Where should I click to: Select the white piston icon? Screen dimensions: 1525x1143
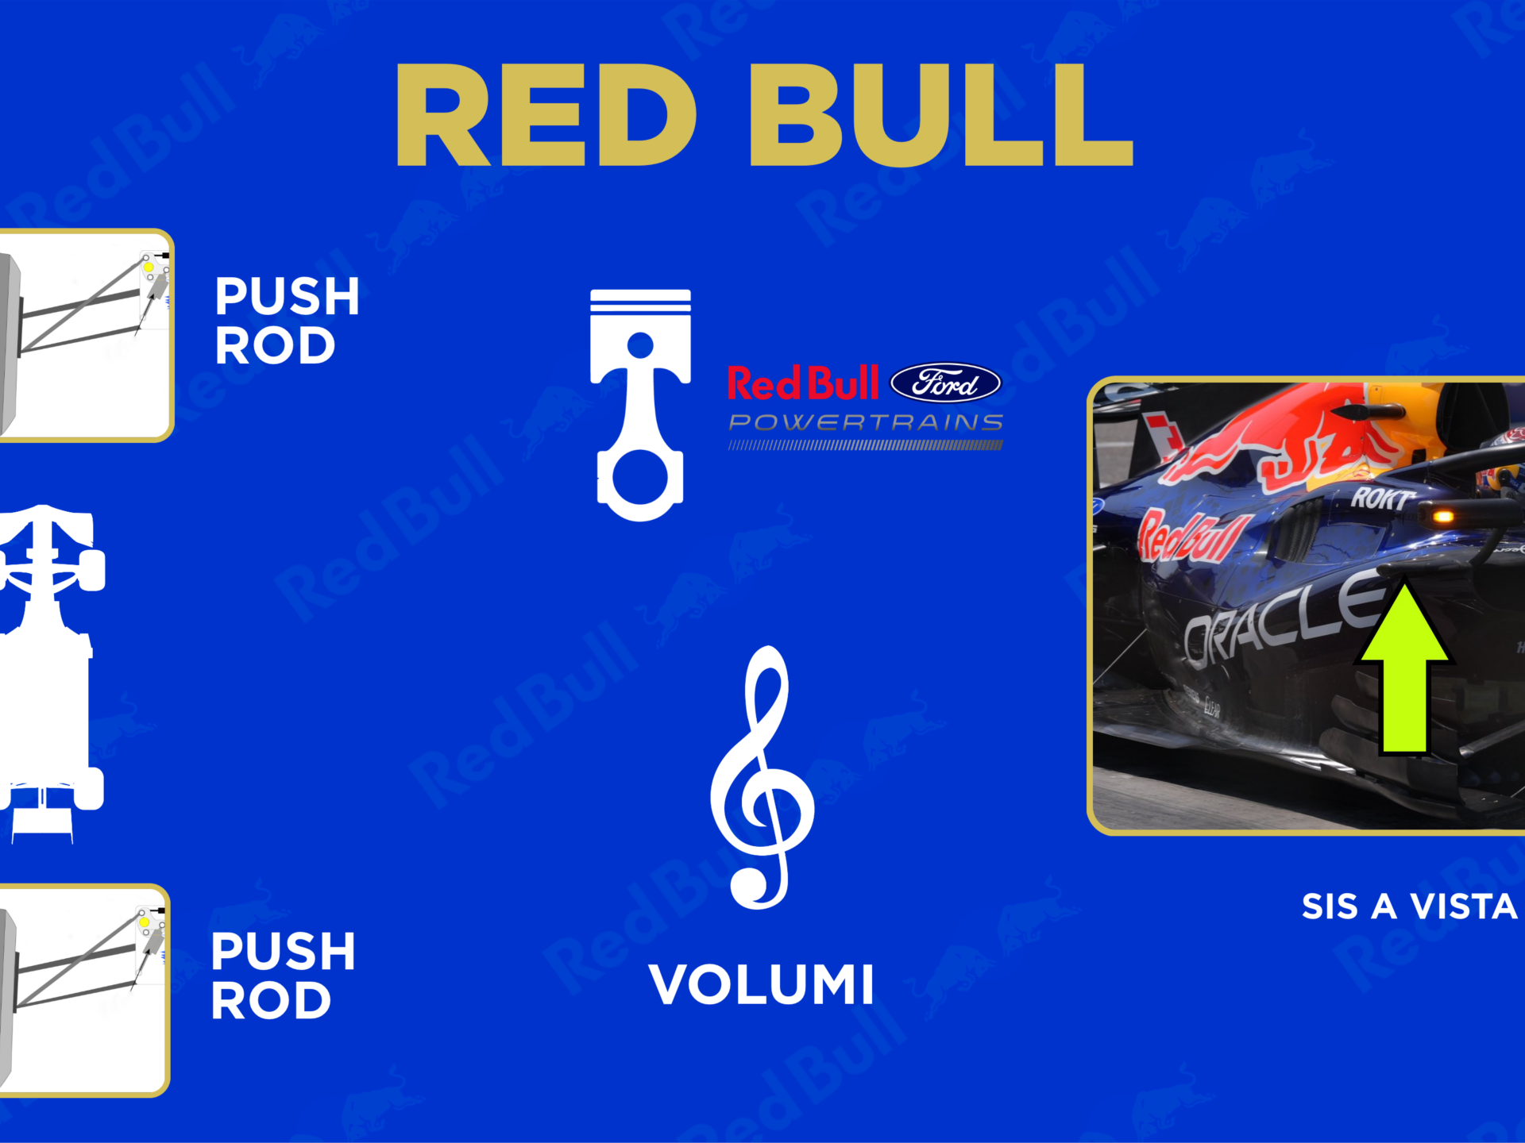640,405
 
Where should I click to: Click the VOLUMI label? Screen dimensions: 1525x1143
762,985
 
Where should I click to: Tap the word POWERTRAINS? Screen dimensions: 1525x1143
866,422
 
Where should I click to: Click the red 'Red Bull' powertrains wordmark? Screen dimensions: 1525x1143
803,383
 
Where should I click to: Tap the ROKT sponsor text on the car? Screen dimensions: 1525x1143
1383,498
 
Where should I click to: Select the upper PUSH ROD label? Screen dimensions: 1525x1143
287,321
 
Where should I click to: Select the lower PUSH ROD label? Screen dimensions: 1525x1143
283,976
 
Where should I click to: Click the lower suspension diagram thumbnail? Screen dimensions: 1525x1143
83,991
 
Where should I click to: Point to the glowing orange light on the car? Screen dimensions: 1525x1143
1442,517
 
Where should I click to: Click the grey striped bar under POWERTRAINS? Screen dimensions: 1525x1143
866,445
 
